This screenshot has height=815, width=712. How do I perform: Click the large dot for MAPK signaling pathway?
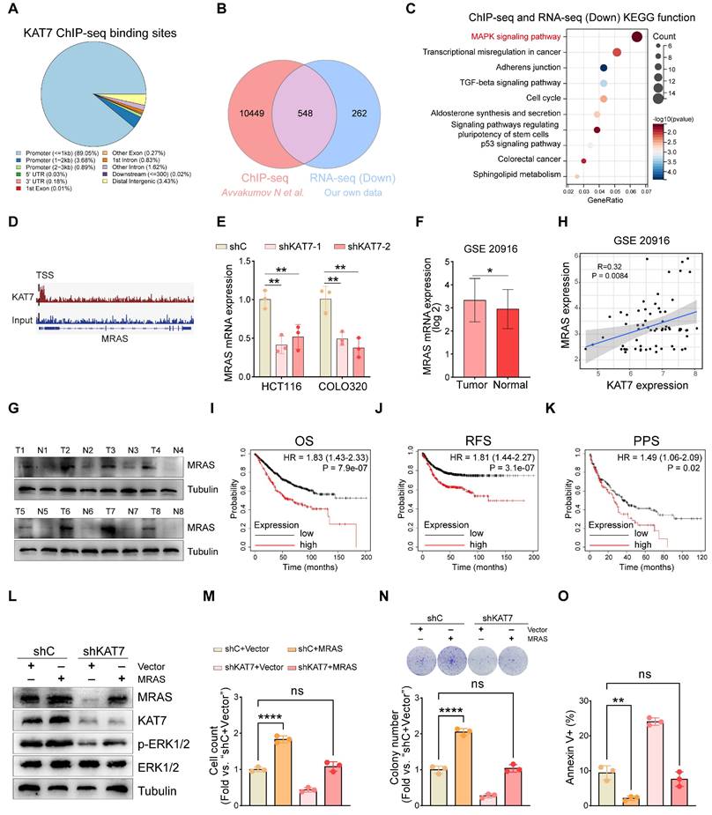point(637,37)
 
